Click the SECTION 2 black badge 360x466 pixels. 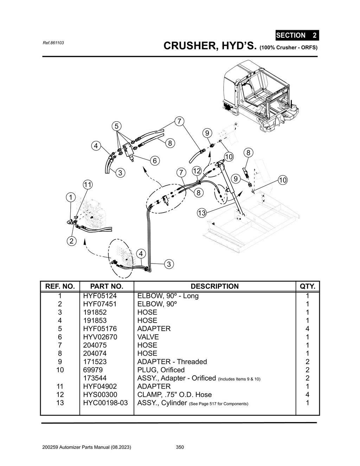(x=297, y=35)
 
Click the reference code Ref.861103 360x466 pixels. (x=53, y=43)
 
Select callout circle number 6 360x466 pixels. (x=154, y=161)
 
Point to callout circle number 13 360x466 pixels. (x=201, y=213)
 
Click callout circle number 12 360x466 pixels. (x=197, y=171)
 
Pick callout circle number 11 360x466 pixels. (x=88, y=185)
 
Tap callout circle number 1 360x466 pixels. (x=71, y=198)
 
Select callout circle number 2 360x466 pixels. (x=71, y=241)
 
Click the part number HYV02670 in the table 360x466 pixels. (x=100, y=337)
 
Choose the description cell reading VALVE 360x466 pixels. (x=148, y=337)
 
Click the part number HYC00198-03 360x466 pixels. (x=105, y=403)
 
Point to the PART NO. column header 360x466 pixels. (x=107, y=286)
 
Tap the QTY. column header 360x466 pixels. (x=307, y=286)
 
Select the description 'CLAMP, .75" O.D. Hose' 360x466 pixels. (x=174, y=395)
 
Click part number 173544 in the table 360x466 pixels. (x=95, y=378)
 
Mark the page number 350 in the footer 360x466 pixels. (x=180, y=447)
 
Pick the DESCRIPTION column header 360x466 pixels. (x=214, y=286)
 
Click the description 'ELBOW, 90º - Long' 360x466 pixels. (x=168, y=296)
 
